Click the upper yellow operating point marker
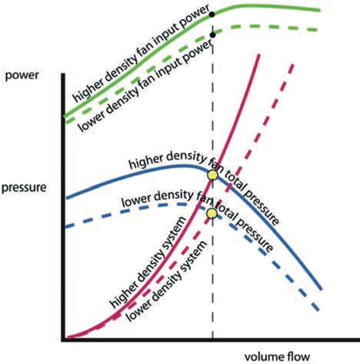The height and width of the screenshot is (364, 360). [x=212, y=175]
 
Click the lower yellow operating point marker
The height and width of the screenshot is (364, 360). [x=212, y=213]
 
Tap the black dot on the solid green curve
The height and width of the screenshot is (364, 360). [x=212, y=15]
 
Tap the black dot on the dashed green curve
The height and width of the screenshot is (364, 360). [x=212, y=35]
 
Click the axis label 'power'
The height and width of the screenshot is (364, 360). [x=22, y=76]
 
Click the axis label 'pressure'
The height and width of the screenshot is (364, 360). [x=24, y=188]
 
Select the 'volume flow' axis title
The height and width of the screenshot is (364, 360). [x=277, y=357]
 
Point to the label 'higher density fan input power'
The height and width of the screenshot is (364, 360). [x=141, y=54]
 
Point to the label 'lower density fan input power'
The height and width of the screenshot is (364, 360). [x=145, y=87]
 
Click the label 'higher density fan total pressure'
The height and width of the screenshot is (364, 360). [x=204, y=185]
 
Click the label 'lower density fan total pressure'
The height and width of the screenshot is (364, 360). [x=198, y=218]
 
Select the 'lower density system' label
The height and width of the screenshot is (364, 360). [x=167, y=281]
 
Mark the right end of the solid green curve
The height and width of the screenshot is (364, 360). [x=320, y=10]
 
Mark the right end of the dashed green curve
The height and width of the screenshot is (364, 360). [x=318, y=30]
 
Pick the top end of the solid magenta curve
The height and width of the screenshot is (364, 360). [x=260, y=55]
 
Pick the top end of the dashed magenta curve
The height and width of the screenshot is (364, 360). [x=292, y=65]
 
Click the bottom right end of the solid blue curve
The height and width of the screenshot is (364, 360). [x=321, y=289]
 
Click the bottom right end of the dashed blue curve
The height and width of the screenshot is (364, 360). [x=318, y=310]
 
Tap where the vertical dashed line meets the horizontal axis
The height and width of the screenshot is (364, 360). [x=212, y=340]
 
